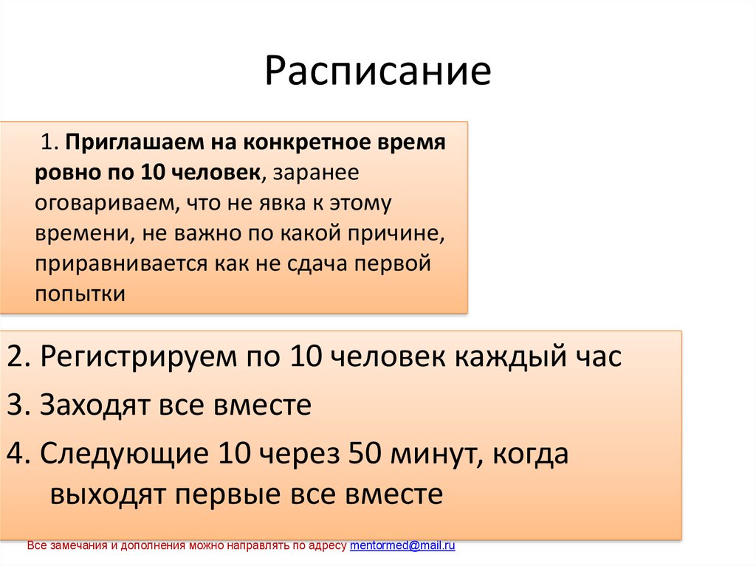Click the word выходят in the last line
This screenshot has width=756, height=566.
109,494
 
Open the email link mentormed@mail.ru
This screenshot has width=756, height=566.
402,546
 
